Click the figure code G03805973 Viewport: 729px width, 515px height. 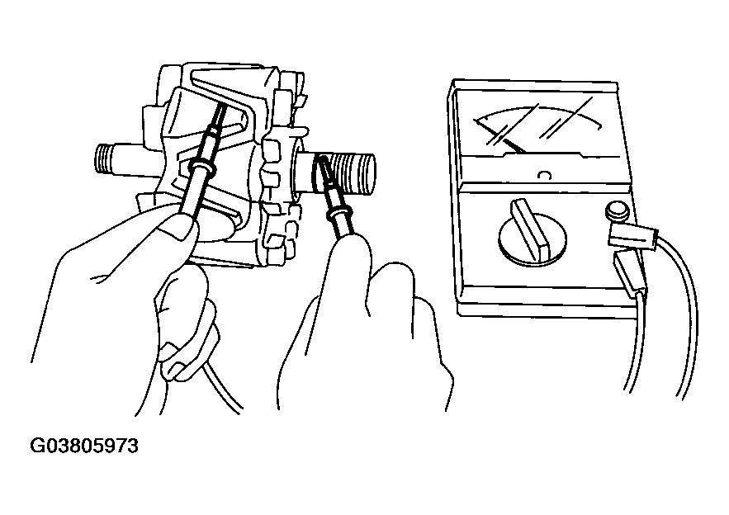point(84,446)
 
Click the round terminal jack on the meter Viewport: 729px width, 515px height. point(617,210)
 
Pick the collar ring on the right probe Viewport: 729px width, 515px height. point(338,214)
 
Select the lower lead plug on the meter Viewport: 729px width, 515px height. point(630,274)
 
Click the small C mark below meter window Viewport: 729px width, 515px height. point(543,175)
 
